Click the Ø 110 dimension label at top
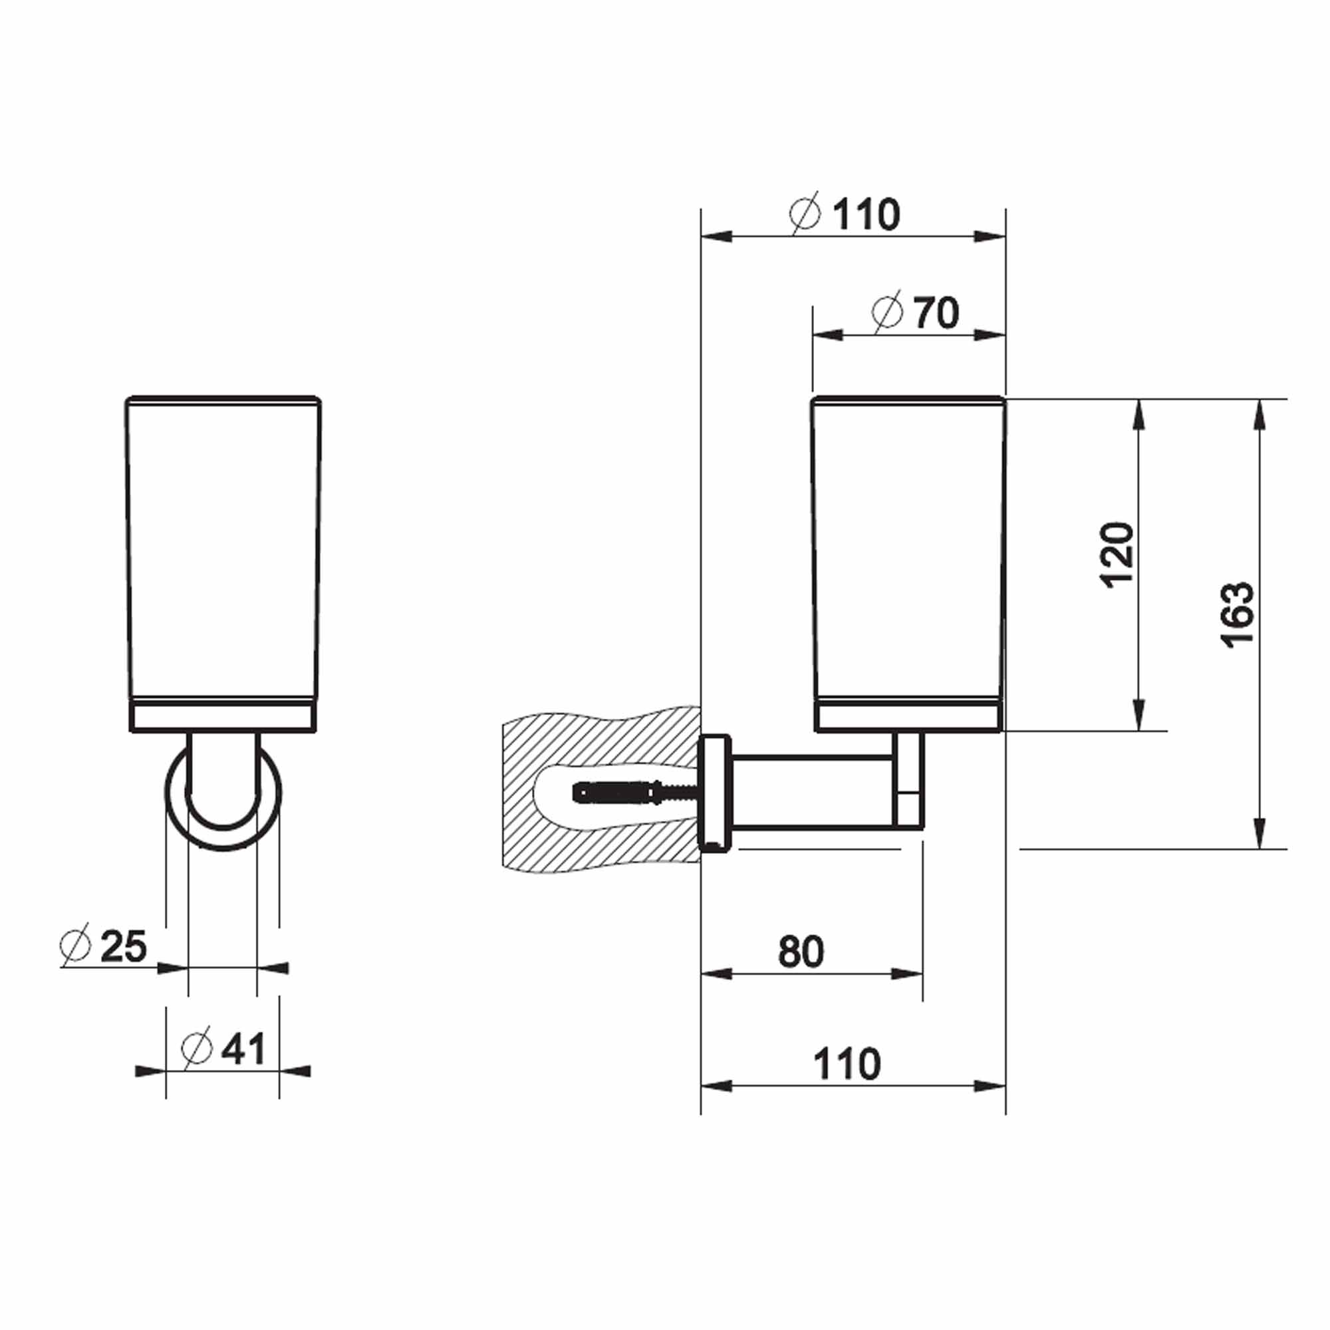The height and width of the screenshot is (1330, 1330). [845, 215]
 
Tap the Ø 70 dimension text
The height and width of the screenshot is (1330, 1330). [916, 313]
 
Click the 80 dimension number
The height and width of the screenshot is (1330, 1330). [801, 952]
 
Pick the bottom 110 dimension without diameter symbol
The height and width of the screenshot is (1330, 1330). [847, 1064]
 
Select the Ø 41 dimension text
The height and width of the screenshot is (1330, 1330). [223, 1049]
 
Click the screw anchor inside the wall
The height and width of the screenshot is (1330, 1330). [620, 793]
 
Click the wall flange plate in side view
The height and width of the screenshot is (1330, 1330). [716, 791]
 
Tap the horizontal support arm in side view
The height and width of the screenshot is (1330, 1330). [813, 790]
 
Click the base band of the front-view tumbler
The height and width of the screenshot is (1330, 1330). [223, 718]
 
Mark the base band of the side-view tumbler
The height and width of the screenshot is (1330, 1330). [908, 718]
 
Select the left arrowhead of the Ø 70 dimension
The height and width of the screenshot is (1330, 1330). [826, 335]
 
